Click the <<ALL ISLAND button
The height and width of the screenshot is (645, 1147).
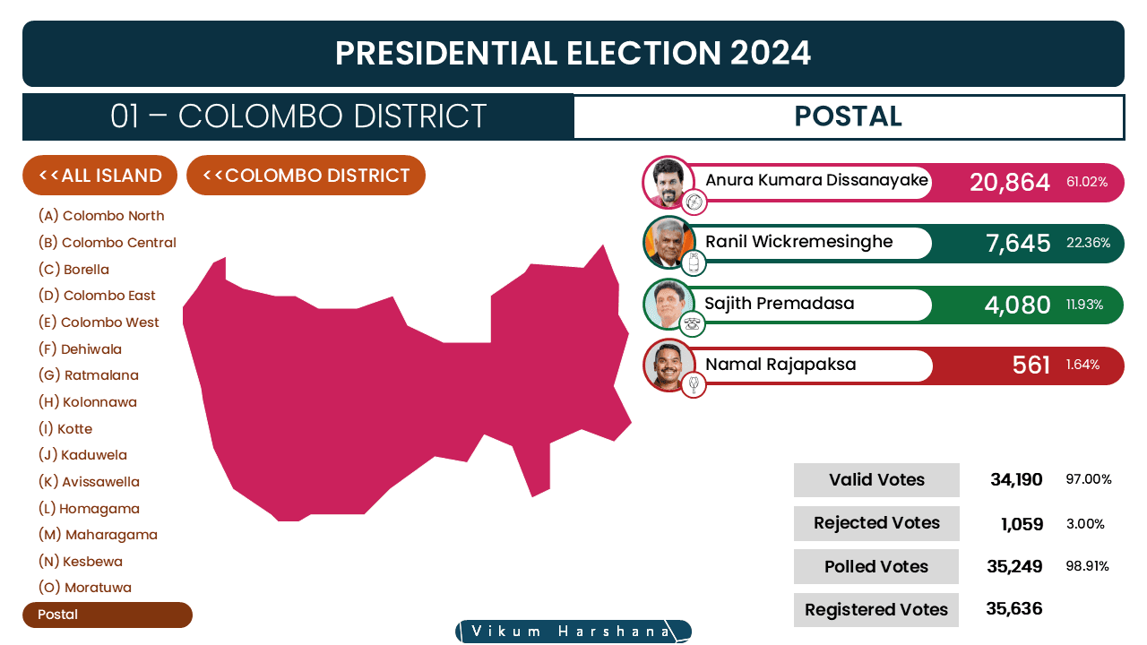tap(99, 175)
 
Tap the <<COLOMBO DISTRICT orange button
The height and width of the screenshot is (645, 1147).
tap(306, 175)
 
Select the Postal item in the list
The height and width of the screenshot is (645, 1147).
tap(108, 615)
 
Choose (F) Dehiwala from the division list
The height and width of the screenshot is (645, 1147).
tap(80, 349)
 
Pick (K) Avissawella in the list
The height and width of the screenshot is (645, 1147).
tap(89, 482)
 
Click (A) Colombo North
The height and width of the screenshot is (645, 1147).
tap(101, 216)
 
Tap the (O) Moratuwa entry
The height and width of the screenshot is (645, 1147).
tap(84, 588)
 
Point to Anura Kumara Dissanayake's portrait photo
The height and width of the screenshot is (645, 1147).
tap(668, 182)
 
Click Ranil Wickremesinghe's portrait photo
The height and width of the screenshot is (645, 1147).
tap(668, 243)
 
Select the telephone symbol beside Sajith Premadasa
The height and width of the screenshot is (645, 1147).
tap(693, 324)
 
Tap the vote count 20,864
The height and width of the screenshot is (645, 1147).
tap(1010, 182)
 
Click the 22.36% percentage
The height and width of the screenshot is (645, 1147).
tap(1088, 243)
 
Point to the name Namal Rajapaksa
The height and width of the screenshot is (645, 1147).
tap(780, 364)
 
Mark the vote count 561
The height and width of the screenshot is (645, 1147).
tap(1031, 365)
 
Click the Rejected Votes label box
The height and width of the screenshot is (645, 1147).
tap(876, 523)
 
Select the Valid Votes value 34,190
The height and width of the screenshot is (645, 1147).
tap(1016, 479)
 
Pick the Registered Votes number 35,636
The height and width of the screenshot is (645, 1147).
tap(1013, 608)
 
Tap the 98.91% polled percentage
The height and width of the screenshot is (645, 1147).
tap(1087, 566)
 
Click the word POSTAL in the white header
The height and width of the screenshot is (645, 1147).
tap(848, 116)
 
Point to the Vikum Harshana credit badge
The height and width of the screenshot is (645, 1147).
tap(573, 632)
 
